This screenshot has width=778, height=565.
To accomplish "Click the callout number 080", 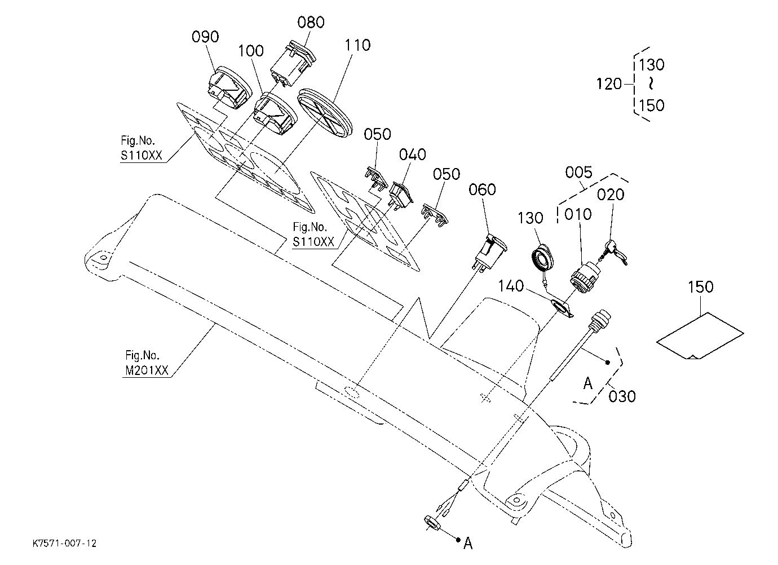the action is (x=311, y=22).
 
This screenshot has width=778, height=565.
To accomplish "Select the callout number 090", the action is (x=205, y=37).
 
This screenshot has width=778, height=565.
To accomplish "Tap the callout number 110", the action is (x=357, y=45).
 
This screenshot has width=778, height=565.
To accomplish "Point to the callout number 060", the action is (x=482, y=189).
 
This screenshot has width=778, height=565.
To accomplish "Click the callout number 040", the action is (x=412, y=155).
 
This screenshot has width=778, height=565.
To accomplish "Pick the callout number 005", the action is (x=578, y=173).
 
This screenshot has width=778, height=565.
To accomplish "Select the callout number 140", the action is (x=511, y=286).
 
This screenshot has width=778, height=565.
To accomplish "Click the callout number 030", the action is (x=622, y=396).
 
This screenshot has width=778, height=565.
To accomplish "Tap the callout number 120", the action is (x=608, y=84).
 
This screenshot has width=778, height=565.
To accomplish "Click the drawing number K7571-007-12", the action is (x=65, y=544).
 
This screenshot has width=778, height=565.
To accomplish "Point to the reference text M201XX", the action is (x=147, y=371).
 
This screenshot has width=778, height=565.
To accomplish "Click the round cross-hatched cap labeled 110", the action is (x=325, y=113).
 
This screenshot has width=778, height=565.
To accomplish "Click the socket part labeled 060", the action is (x=489, y=251).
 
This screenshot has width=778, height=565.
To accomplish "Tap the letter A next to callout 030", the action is (x=587, y=383).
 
